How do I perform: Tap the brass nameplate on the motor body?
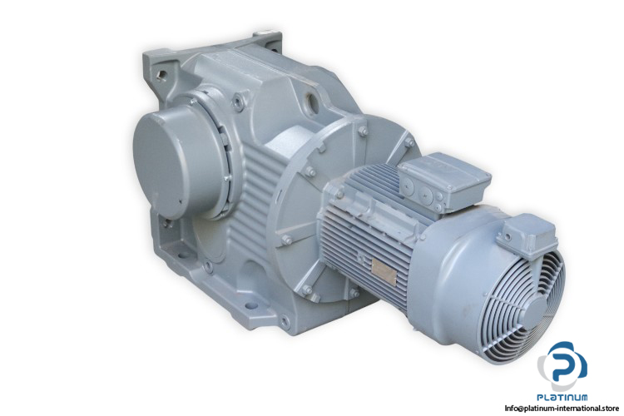[x=384, y=272]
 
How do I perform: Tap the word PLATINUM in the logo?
[x=562, y=397]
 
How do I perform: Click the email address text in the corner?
[x=562, y=408]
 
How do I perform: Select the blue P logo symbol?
[x=562, y=366]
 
